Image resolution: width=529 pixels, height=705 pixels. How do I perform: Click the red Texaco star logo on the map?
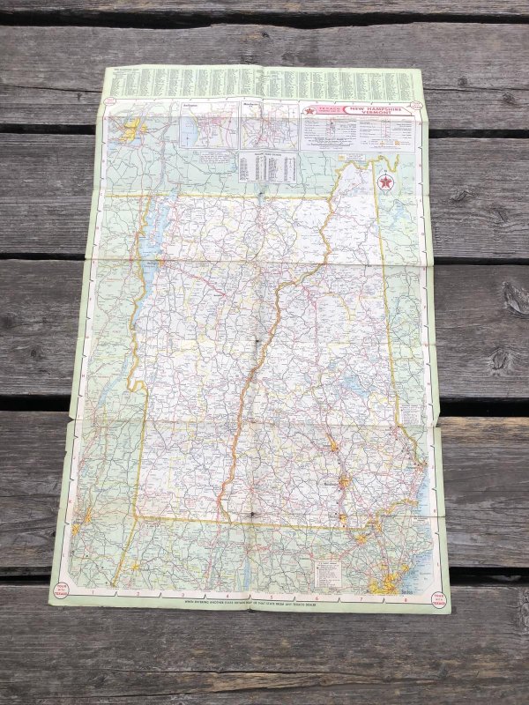[384, 182]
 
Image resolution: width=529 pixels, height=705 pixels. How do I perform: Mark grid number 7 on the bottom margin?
[361, 599]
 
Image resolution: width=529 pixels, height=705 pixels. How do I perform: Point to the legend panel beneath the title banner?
[356, 135]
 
